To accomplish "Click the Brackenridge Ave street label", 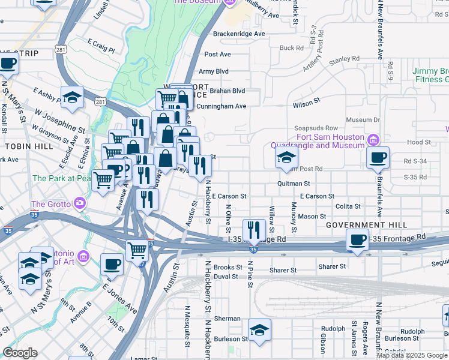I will click(x=238, y=34).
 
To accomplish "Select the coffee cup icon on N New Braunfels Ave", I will click(x=378, y=158).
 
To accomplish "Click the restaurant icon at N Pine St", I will click(x=254, y=230).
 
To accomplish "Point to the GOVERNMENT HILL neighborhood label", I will click(x=366, y=225).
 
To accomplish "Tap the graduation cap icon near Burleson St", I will click(x=259, y=331).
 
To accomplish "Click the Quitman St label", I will click(x=293, y=184).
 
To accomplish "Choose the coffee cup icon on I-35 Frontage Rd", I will click(x=358, y=240).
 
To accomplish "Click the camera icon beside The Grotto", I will click(x=80, y=203).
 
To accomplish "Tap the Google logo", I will click(x=20, y=353).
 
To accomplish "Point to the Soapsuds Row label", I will click(x=316, y=128).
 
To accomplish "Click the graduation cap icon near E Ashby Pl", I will click(x=72, y=98).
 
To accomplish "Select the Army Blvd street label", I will click(x=214, y=71).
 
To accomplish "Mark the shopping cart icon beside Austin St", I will click(x=137, y=249).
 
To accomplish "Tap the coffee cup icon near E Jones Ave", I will click(x=112, y=264).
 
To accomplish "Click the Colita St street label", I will click(x=348, y=206).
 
